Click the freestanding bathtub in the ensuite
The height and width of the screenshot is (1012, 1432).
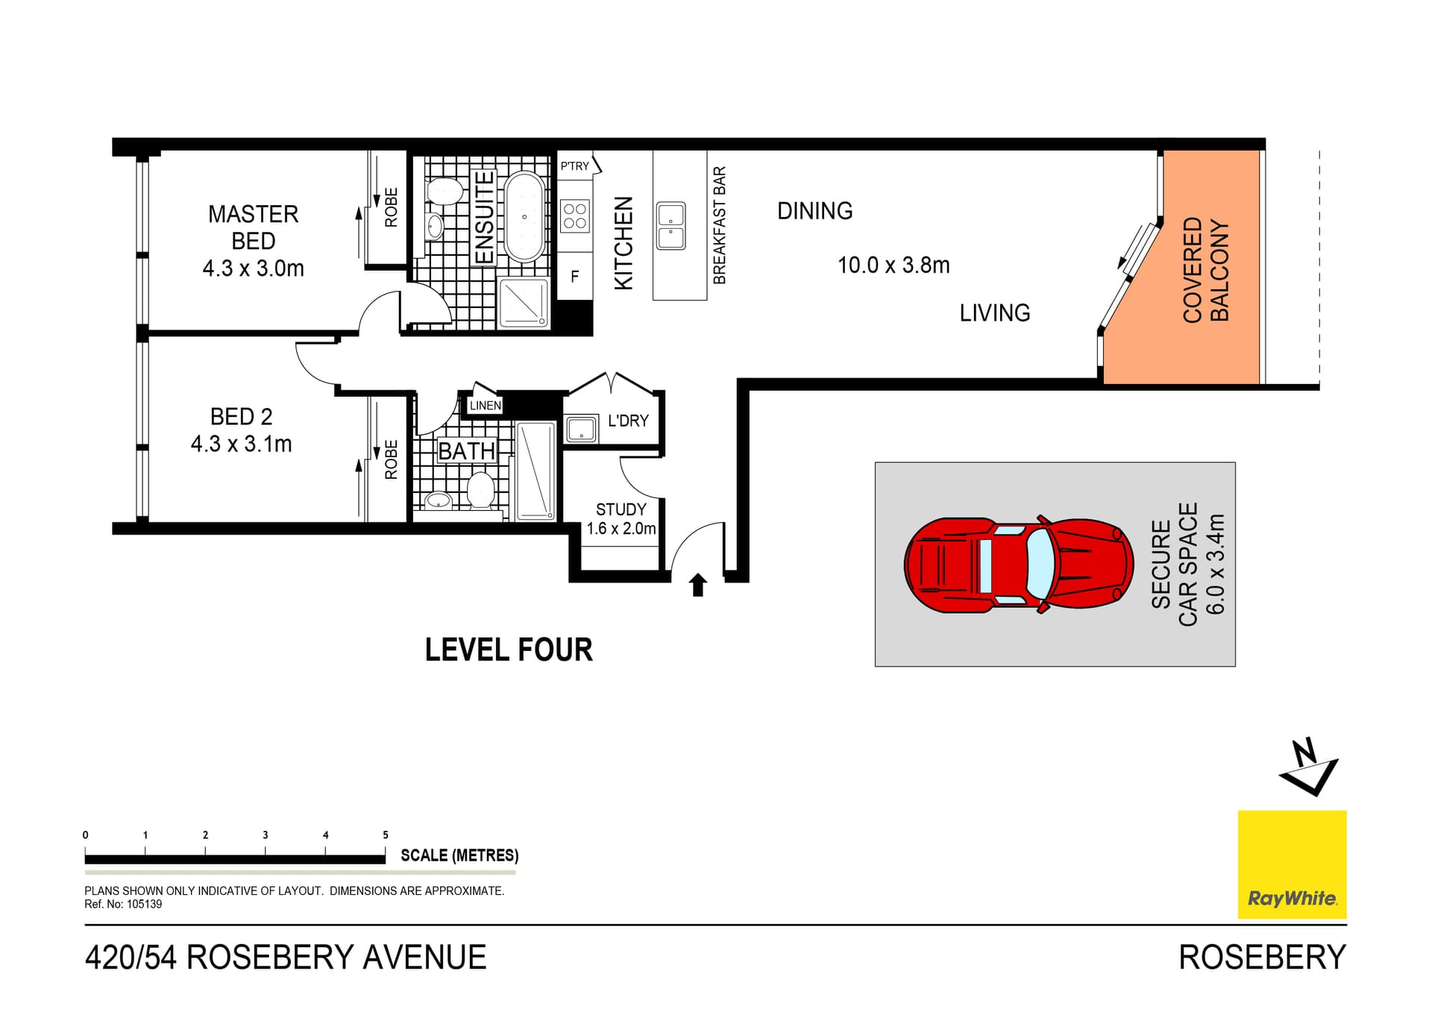524,216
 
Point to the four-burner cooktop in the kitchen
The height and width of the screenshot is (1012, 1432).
574,216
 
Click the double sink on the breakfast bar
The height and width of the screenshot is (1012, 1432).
671,226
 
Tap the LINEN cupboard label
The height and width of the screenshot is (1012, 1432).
485,406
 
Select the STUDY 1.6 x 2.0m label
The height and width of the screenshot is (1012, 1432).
621,519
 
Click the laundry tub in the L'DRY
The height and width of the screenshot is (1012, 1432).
581,430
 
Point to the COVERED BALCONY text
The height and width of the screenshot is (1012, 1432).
1205,270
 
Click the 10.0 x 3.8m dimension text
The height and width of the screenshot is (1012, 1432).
893,265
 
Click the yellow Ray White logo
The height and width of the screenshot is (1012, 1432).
1292,864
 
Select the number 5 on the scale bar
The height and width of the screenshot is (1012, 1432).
386,835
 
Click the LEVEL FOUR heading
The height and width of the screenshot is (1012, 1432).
509,650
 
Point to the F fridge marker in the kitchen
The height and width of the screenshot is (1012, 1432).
574,277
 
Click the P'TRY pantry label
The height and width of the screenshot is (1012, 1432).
575,166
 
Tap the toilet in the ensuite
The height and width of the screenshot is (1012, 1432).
445,190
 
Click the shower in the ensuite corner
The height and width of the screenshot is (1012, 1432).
524,302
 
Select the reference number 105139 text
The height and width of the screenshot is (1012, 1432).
144,904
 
